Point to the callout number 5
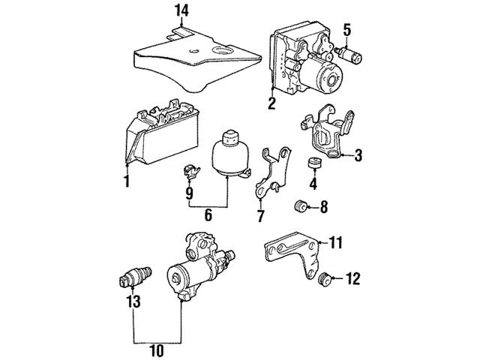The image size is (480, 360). point(346,30)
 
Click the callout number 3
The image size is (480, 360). point(358,155)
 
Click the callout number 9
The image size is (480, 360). point(189,193)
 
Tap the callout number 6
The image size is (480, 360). point(208,216)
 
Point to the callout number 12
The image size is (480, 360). point(353,280)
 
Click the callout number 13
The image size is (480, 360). point(133,301)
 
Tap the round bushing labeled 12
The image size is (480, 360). point(325,280)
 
